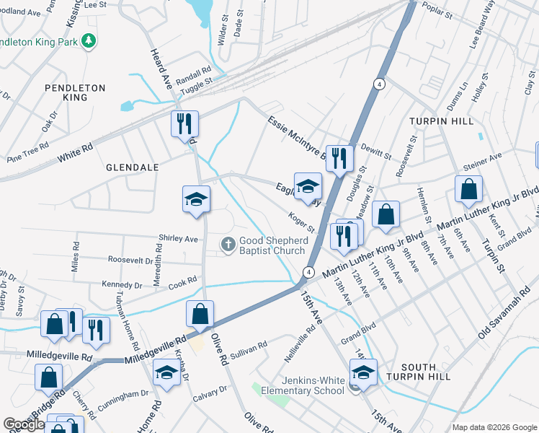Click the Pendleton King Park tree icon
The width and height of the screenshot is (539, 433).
89,41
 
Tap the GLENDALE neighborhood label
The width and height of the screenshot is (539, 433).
132,167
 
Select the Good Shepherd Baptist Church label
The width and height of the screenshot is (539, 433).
272,245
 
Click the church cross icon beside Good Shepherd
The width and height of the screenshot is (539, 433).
228,245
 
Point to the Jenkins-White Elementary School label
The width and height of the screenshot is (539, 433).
303,385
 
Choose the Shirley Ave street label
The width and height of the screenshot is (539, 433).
178,239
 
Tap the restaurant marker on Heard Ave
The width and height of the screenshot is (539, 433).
184,123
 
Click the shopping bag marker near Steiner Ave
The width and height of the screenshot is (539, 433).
468,189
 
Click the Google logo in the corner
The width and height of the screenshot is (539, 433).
24,424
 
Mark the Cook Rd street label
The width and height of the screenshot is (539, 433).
183,281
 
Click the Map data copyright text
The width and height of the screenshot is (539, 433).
494,427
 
